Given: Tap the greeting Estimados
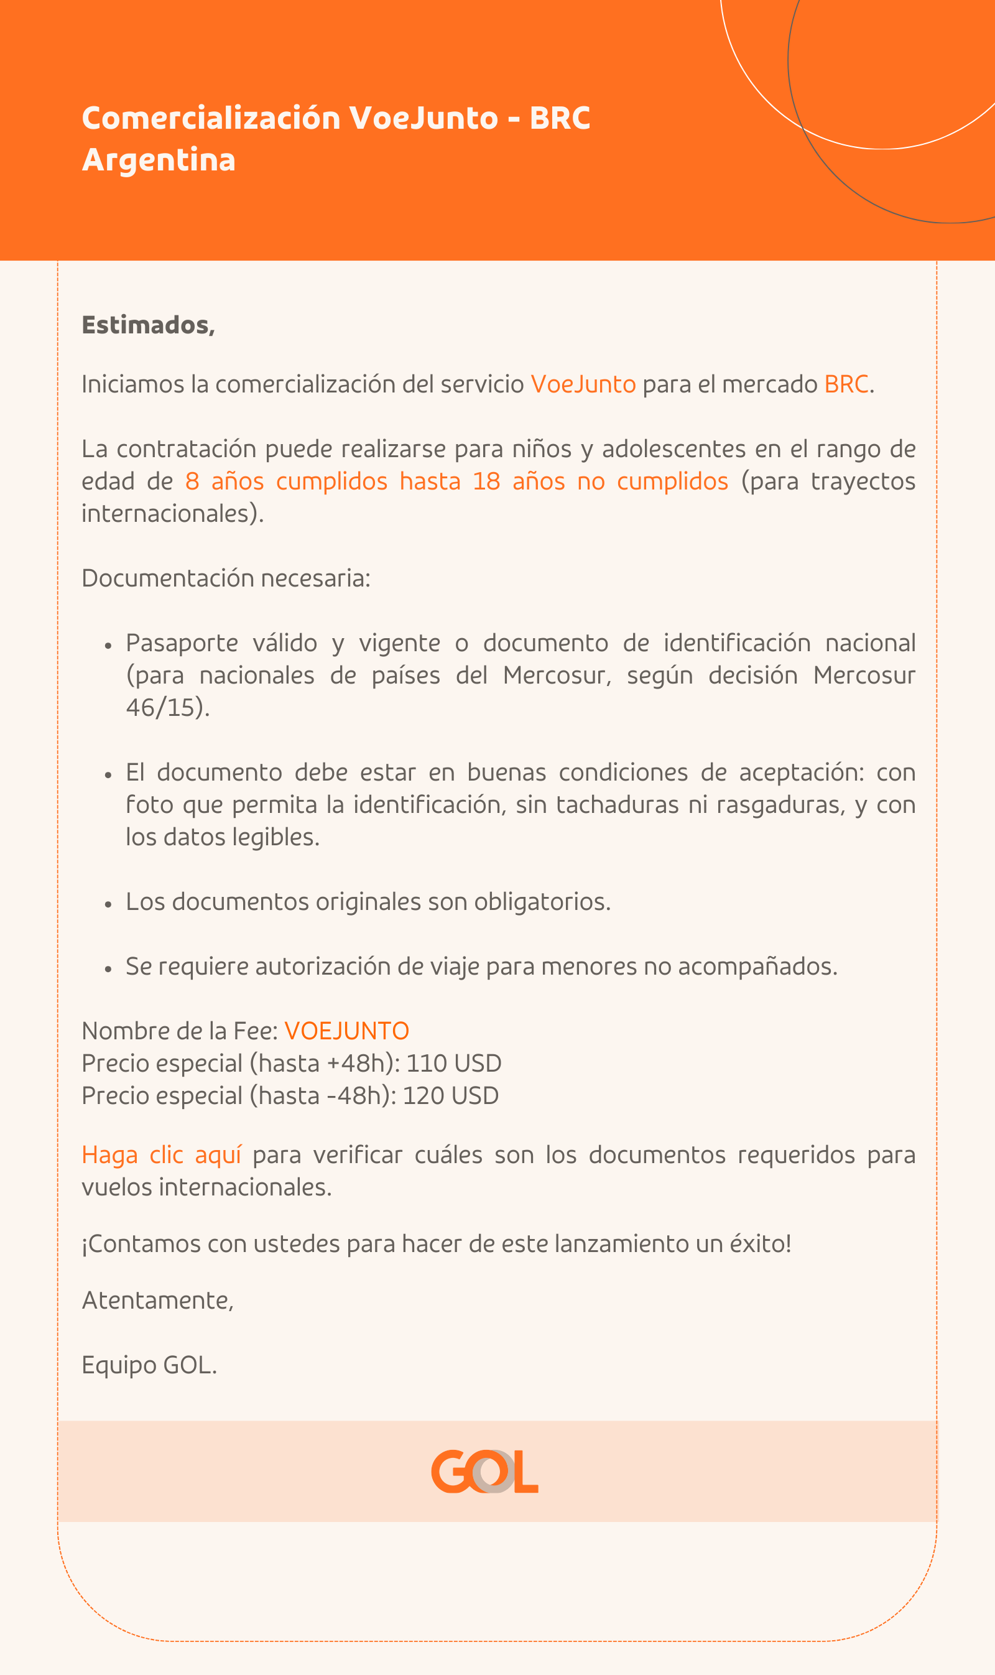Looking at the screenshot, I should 147,325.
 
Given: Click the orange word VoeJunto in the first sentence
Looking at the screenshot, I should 583,384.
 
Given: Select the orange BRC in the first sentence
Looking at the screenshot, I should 846,384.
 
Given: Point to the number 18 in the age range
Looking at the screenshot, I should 486,481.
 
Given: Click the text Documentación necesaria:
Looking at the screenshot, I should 226,578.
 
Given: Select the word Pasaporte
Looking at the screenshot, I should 182,643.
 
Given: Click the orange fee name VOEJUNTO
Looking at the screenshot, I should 346,1031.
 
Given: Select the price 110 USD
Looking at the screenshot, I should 453,1064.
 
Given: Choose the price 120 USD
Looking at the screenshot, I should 450,1096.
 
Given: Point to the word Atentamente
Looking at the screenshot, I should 157,1300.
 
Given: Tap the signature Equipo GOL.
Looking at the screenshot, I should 149,1365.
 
